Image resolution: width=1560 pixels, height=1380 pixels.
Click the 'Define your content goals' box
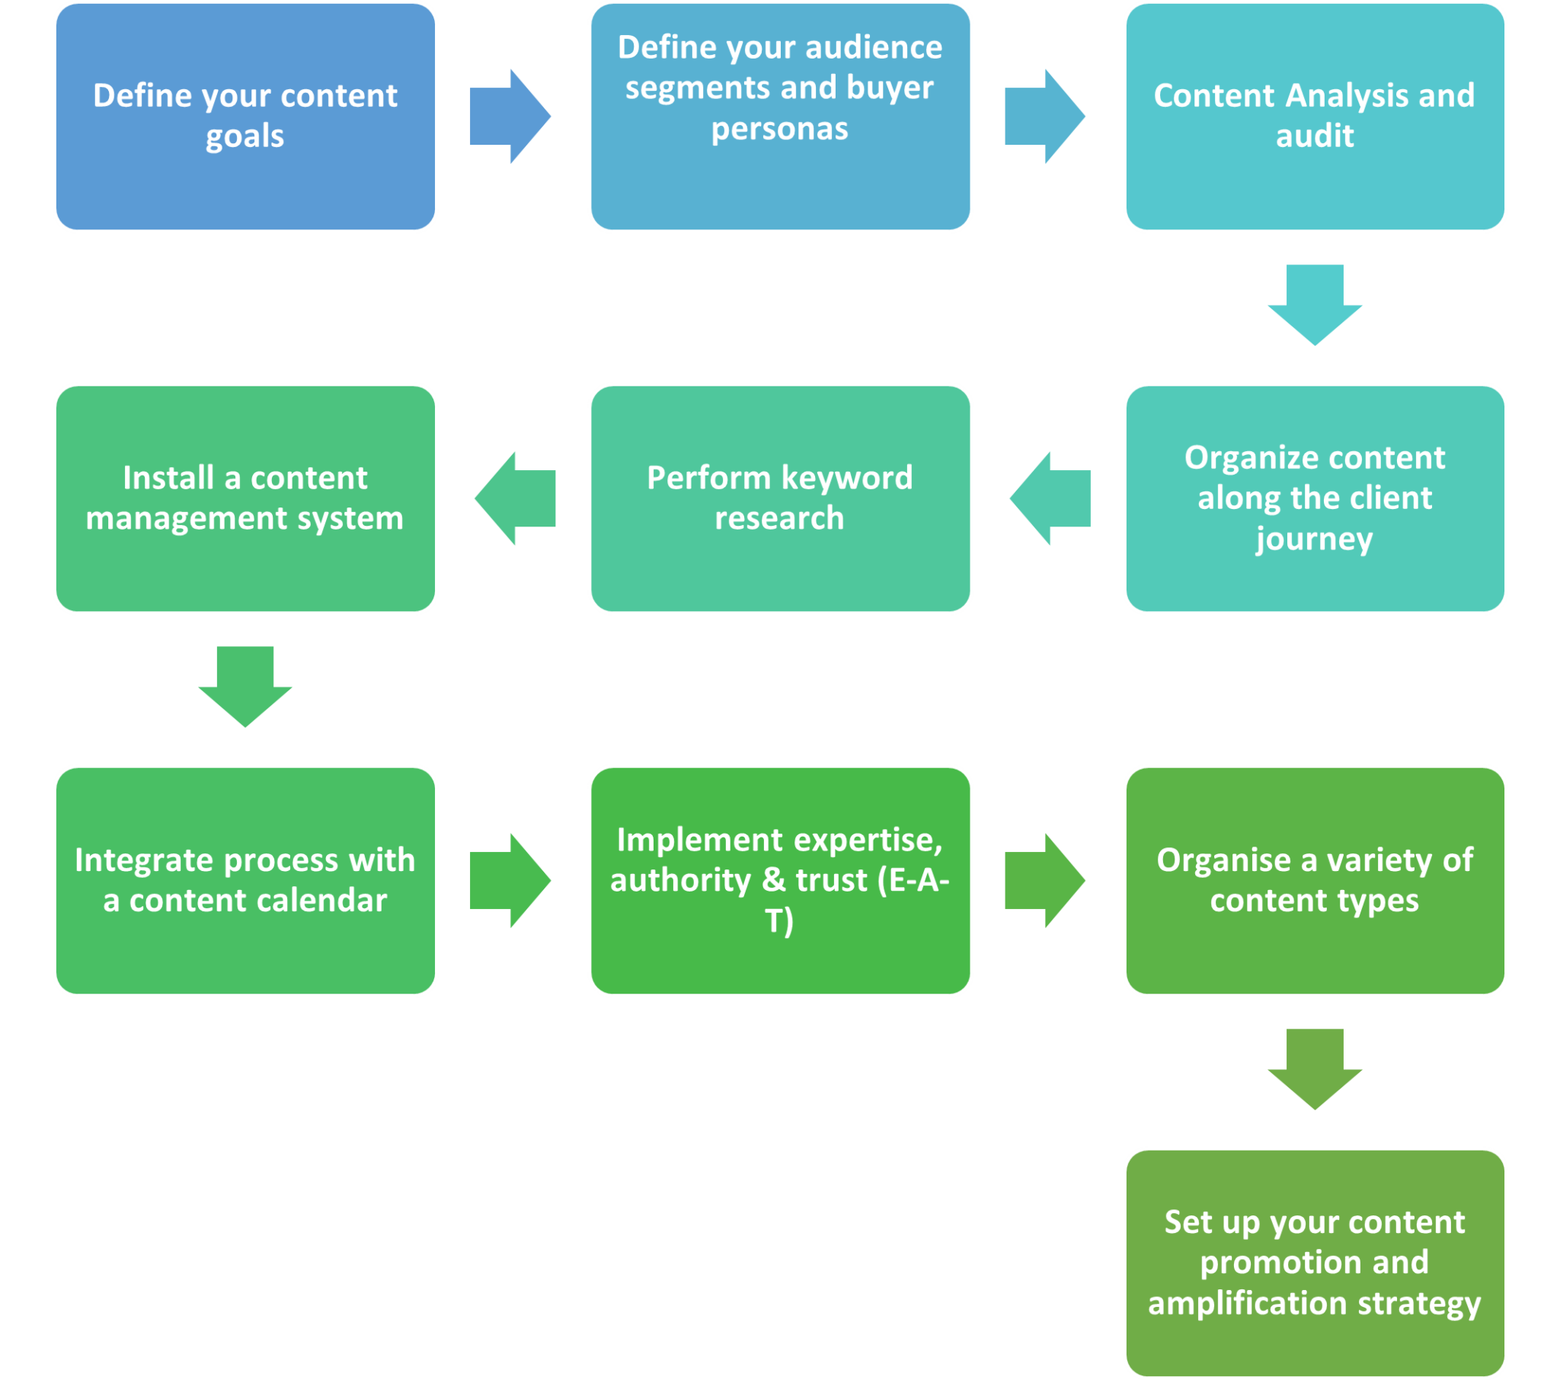click(245, 116)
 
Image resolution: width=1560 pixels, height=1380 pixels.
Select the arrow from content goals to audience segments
click(508, 116)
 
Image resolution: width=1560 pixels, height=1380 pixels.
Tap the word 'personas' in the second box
click(779, 129)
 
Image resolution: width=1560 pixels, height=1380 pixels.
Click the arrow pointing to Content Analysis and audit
click(1044, 116)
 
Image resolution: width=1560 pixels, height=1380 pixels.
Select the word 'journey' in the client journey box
click(1313, 540)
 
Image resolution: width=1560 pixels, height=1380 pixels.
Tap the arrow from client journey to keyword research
click(1051, 498)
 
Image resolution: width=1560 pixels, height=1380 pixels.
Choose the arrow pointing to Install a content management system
click(516, 498)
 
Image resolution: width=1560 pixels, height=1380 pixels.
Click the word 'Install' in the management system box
click(168, 478)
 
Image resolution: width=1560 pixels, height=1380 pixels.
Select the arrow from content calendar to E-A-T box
click(508, 880)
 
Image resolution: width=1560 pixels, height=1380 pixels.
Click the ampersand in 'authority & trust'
click(773, 881)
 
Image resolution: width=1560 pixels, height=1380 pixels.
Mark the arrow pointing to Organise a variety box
click(1044, 880)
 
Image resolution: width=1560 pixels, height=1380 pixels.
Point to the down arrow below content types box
click(1314, 1068)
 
